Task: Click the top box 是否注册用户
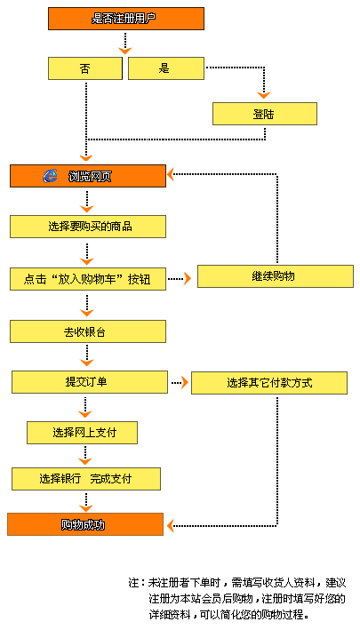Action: (x=126, y=19)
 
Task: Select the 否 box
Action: (x=85, y=68)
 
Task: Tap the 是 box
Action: (x=166, y=68)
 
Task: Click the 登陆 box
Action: (x=265, y=114)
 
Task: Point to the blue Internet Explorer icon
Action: (x=50, y=176)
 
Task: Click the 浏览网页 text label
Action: (x=90, y=177)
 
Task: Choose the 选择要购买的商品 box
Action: (x=88, y=227)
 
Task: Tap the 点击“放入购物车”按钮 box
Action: (x=88, y=279)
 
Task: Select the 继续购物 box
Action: (x=276, y=276)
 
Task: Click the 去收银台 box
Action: (x=88, y=331)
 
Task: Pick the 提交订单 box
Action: (x=90, y=382)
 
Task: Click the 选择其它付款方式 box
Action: (x=269, y=383)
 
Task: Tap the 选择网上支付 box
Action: (x=83, y=433)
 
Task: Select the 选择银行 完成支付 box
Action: (x=86, y=479)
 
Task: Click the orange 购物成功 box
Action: (x=85, y=524)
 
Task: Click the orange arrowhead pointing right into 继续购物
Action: (x=188, y=278)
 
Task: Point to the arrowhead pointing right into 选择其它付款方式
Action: (x=185, y=382)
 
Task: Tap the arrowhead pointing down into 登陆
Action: (x=264, y=96)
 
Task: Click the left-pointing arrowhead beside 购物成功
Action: (x=171, y=525)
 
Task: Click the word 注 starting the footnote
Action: (x=133, y=583)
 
